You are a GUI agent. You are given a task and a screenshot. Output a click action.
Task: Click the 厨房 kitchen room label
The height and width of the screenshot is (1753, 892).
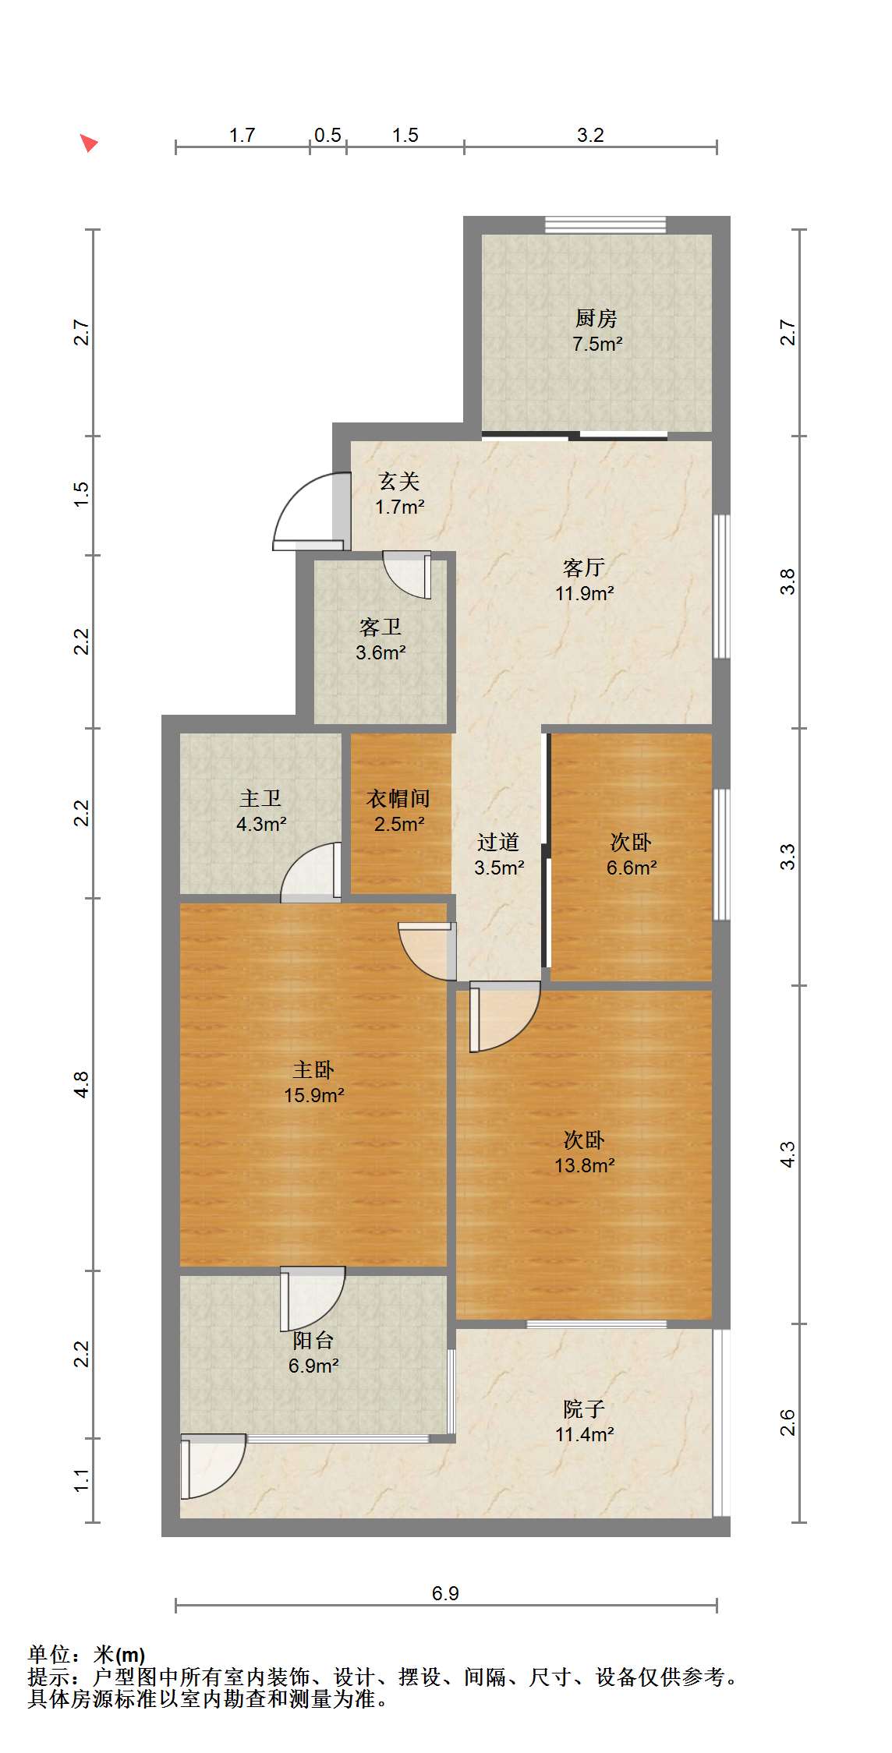(596, 318)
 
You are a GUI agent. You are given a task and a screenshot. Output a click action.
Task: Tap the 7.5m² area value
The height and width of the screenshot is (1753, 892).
(597, 344)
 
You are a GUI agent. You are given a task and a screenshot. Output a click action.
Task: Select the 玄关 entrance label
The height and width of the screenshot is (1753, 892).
(399, 481)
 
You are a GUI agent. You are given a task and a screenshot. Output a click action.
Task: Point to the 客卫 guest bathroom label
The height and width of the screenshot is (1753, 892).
(381, 627)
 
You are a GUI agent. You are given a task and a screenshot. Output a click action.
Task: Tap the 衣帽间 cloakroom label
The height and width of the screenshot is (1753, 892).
(398, 798)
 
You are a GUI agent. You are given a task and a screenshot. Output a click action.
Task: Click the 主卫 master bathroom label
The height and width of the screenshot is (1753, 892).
(260, 798)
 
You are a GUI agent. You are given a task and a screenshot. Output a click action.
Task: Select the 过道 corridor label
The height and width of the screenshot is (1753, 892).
(498, 842)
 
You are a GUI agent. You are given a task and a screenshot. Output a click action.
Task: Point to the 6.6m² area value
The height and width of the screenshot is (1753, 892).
(632, 868)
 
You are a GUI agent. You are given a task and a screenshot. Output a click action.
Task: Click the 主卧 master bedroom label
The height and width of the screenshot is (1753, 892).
(313, 1069)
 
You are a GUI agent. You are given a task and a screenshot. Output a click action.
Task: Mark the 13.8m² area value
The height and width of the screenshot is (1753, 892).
(585, 1165)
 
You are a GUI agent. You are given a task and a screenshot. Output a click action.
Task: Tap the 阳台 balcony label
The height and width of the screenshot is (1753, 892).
(313, 1340)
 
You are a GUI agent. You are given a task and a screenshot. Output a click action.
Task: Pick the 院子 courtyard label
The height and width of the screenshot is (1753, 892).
(584, 1408)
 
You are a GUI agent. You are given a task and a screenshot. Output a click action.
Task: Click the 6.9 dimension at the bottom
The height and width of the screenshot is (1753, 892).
(445, 1593)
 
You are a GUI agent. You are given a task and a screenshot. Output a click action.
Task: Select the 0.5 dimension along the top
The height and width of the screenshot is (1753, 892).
(327, 135)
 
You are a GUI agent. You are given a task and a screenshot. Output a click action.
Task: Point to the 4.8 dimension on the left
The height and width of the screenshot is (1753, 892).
(82, 1085)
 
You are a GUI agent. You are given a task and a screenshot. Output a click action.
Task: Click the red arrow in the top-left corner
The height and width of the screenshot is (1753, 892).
(89, 143)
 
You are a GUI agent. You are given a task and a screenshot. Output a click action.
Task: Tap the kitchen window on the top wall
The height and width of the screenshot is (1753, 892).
(605, 225)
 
